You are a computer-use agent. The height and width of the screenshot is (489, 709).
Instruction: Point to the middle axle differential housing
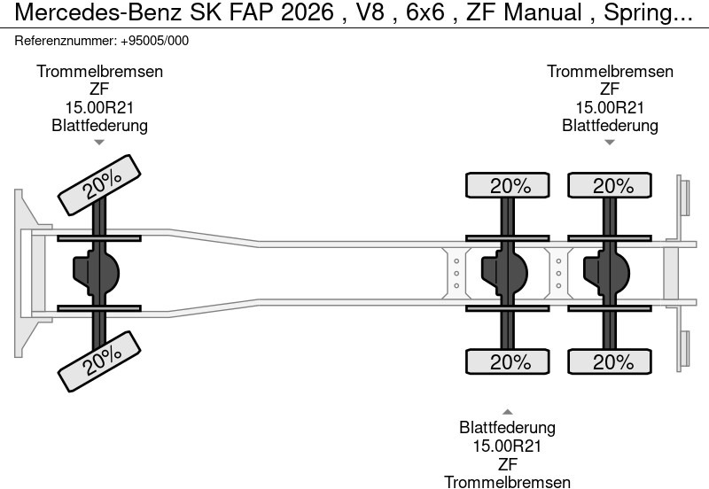(x=504, y=273)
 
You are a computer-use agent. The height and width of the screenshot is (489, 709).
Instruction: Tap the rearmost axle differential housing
(x=606, y=273)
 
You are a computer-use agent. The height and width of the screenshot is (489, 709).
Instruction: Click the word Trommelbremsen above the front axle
(x=99, y=72)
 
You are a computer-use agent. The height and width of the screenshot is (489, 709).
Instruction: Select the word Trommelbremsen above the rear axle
(x=610, y=72)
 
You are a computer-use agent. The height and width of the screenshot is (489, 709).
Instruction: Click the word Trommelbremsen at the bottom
(x=508, y=481)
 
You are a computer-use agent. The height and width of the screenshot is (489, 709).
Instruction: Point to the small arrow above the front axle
(x=99, y=142)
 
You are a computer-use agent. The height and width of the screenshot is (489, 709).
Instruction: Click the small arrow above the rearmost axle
(x=610, y=142)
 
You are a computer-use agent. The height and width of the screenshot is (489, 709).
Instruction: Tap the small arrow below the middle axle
(x=508, y=411)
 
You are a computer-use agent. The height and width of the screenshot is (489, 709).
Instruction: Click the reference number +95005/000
(x=152, y=41)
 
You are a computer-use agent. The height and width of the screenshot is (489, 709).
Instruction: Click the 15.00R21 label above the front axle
(x=99, y=107)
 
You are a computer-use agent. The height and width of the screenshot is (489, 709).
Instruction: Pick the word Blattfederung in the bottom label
(x=508, y=428)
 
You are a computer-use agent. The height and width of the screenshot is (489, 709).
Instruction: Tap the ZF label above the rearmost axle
(x=610, y=89)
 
